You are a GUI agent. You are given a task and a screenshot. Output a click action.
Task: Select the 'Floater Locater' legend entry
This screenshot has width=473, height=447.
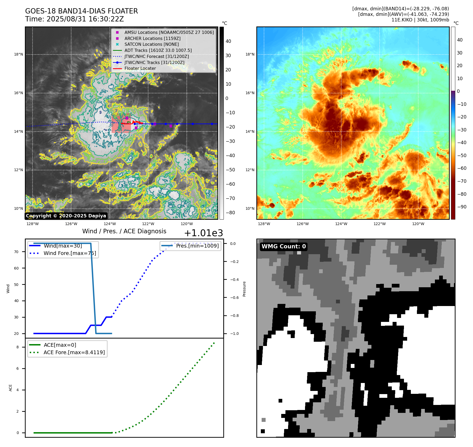click(x=140, y=69)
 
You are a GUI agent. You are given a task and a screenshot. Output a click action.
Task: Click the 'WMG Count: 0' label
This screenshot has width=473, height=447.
click(x=284, y=247)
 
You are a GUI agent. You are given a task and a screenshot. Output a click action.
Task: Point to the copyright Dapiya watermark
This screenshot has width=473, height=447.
click(x=66, y=216)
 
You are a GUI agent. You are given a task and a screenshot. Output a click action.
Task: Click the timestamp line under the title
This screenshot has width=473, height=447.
click(x=74, y=19)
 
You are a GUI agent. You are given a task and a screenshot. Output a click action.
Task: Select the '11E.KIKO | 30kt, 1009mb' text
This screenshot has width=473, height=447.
click(x=420, y=20)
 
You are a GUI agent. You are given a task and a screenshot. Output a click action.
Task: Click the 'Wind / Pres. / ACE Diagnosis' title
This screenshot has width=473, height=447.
click(x=124, y=231)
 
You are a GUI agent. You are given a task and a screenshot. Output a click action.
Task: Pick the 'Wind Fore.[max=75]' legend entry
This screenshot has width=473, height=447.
click(x=70, y=253)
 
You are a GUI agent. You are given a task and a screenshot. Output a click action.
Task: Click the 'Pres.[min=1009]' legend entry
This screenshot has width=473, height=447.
click(x=197, y=246)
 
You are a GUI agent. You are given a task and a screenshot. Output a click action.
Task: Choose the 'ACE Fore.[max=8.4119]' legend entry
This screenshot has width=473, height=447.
click(x=74, y=352)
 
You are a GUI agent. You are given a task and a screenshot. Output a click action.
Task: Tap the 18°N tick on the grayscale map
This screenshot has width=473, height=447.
click(x=19, y=54)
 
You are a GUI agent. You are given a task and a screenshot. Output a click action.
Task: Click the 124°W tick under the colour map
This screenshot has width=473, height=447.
click(x=341, y=224)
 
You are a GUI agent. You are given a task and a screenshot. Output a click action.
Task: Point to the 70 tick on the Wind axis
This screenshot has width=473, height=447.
click(x=16, y=252)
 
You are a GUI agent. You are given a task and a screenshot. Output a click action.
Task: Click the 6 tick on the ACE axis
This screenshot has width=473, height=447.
click(x=18, y=368)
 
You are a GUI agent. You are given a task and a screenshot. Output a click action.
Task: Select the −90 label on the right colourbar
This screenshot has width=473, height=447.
click(x=462, y=207)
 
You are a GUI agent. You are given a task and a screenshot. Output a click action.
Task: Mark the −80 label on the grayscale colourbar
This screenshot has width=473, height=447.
click(x=230, y=213)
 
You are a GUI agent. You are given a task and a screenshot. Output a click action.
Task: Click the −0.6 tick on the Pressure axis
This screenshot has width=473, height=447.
click(x=234, y=298)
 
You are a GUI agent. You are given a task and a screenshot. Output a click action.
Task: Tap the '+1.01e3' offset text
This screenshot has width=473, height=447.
click(x=203, y=233)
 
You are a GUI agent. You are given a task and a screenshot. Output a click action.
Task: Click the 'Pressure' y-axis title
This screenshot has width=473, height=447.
click(x=244, y=289)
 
